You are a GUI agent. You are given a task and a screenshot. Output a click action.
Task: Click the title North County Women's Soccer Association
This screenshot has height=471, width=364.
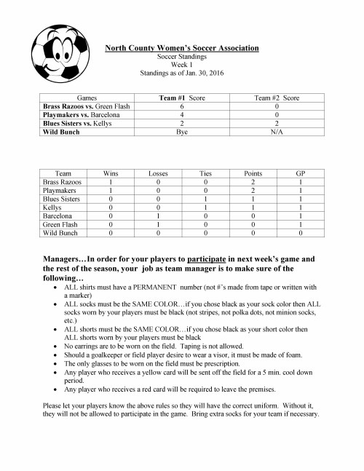tap(182, 47)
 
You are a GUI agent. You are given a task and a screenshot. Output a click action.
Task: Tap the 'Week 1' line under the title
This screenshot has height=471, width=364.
tap(181, 64)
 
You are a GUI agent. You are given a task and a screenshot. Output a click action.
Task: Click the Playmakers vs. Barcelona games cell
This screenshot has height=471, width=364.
tap(77, 114)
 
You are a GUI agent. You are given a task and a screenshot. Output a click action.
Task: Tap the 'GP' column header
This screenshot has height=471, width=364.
tap(301, 173)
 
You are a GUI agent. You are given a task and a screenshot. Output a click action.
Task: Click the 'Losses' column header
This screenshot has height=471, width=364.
tap(157, 173)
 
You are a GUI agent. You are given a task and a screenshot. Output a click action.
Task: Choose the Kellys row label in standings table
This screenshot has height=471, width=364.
tap(53, 209)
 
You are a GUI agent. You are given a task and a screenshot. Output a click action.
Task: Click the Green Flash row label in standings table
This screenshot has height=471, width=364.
tap(59, 226)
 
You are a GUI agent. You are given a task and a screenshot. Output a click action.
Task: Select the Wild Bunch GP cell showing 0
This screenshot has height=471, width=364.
tap(301, 235)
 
